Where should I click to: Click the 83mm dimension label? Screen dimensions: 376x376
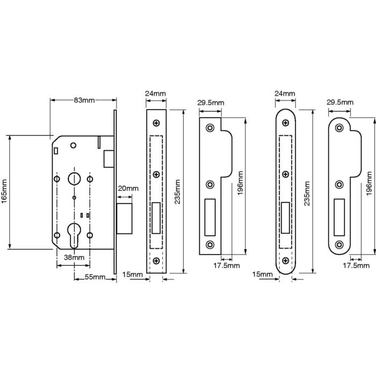click(83, 100)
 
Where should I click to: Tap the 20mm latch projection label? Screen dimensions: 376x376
click(128, 189)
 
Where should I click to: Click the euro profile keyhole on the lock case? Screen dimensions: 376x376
click(74, 234)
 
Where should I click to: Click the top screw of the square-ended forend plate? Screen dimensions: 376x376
click(156, 124)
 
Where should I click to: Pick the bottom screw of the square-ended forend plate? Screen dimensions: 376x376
click(156, 261)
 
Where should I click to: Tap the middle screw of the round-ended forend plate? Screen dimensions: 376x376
click(285, 174)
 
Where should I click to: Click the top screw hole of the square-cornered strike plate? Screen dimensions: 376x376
click(210, 128)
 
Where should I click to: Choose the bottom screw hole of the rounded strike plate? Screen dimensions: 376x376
click(339, 244)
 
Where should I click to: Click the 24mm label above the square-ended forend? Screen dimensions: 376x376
click(156, 93)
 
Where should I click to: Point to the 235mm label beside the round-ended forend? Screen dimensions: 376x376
click(307, 191)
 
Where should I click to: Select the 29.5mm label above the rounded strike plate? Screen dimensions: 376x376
click(339, 102)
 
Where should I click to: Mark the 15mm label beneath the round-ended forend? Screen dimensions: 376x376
click(262, 274)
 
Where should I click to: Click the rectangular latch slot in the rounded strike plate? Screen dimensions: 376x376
click(339, 215)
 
